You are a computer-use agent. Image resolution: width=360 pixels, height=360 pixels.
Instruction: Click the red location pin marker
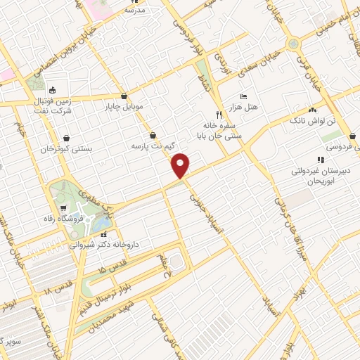coord(181,165)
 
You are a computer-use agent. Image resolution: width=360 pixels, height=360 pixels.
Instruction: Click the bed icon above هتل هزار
coord(243,96)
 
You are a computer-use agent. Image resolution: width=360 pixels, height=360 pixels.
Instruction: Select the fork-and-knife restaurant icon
coord(219,115)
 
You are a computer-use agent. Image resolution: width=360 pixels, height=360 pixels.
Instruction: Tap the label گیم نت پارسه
coord(152,146)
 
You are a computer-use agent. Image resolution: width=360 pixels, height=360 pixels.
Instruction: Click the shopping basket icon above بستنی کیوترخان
coord(65,139)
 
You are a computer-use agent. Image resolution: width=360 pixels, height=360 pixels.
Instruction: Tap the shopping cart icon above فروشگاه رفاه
coord(63,207)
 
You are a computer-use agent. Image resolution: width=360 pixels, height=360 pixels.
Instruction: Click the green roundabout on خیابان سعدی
coord(292,44)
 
